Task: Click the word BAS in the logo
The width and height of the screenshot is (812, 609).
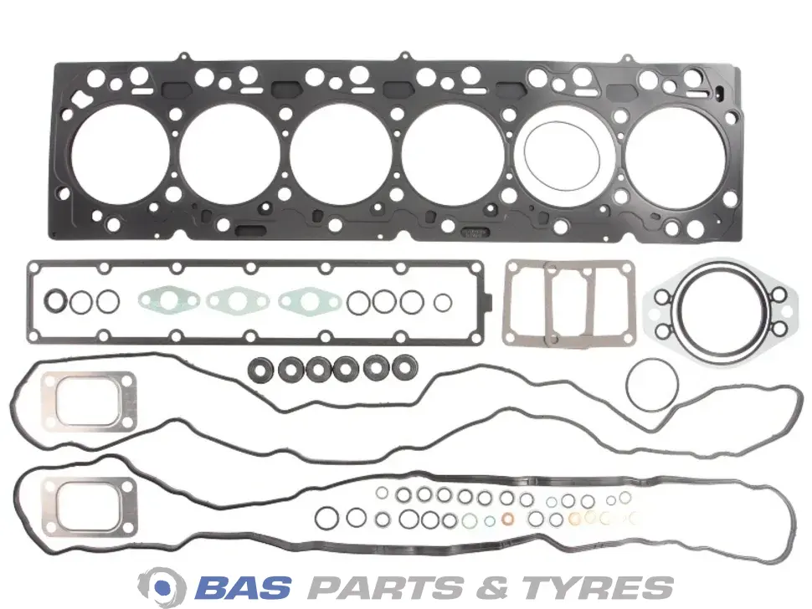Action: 244,586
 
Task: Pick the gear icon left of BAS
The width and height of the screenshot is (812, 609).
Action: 162,587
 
